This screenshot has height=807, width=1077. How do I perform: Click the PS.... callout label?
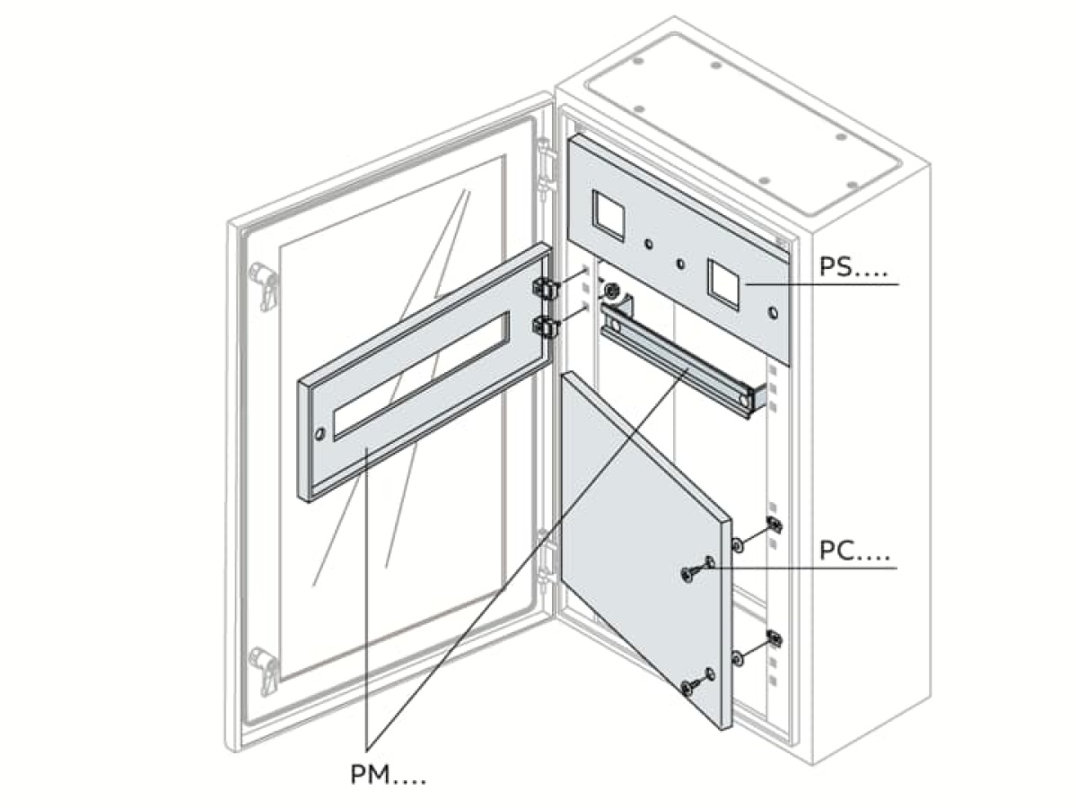pos(848,267)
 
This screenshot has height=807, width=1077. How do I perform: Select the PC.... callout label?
pos(853,551)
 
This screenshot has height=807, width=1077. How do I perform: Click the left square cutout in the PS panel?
pos(608,212)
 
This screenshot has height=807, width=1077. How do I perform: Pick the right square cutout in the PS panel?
pos(722,279)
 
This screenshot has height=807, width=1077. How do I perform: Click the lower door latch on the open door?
pos(266,668)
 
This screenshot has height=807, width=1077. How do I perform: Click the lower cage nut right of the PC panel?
pos(774,638)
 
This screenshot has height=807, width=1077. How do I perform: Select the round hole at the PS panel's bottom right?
pos(774,314)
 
